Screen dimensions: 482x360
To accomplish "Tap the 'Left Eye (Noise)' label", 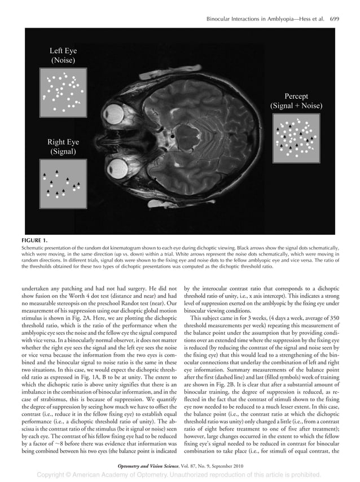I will click(x=63, y=55).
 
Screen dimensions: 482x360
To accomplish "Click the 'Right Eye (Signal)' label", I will click(x=63, y=147).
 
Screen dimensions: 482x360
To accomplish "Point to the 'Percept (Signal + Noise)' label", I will click(x=296, y=101).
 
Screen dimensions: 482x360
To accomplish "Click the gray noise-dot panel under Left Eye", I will click(x=63, y=91).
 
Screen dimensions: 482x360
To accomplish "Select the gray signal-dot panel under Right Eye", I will click(x=63, y=183).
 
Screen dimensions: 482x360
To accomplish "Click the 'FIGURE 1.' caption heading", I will click(x=35, y=240).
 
